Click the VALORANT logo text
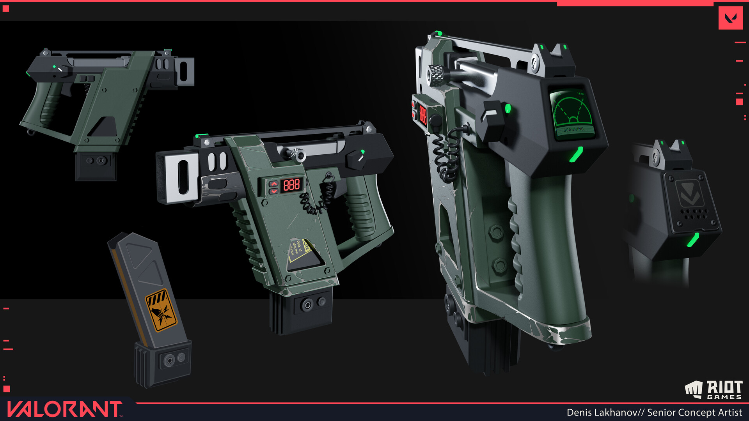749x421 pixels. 64,409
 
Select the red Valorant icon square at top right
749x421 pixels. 730,18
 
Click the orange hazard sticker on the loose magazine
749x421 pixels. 161,310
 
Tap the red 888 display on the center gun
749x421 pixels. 291,184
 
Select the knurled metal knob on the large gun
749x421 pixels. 437,74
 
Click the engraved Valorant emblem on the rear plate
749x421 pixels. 690,193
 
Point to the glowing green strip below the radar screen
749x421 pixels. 576,155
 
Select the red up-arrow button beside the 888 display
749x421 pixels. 274,184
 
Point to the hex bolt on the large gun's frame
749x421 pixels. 496,233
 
